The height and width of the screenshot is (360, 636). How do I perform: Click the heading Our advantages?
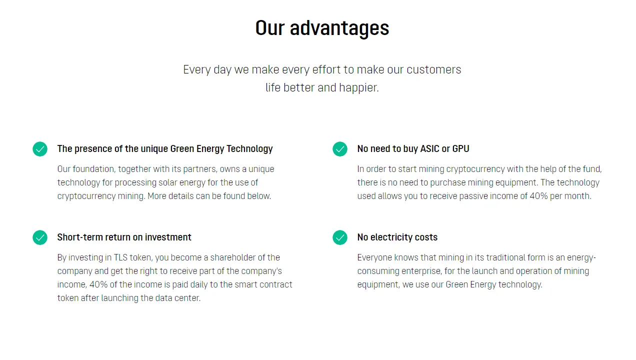click(322, 28)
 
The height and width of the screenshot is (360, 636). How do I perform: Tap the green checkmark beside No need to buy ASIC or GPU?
click(340, 149)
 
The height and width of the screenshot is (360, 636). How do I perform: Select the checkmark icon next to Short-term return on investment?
click(40, 237)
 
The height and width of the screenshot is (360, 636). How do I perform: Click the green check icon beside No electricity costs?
click(340, 237)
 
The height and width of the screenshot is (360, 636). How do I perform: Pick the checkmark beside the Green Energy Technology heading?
click(40, 149)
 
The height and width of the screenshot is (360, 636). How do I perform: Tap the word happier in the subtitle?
click(359, 87)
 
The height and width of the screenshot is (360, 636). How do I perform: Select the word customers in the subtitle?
click(434, 70)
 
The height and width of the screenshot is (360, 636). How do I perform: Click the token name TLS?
click(120, 257)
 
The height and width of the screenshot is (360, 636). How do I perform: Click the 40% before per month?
click(538, 196)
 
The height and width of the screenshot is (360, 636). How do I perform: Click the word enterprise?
click(421, 271)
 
